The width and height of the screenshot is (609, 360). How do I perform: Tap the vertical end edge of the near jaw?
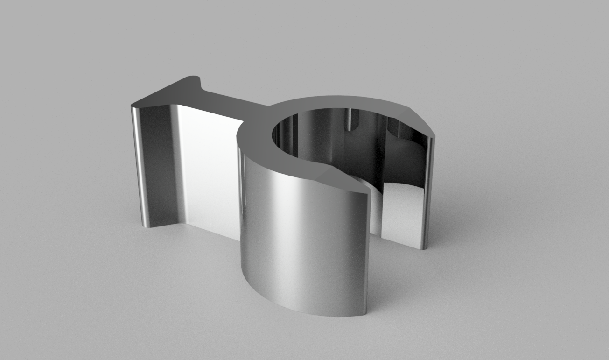[367, 252]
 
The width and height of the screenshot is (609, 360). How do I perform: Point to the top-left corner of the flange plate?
[132, 106]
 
